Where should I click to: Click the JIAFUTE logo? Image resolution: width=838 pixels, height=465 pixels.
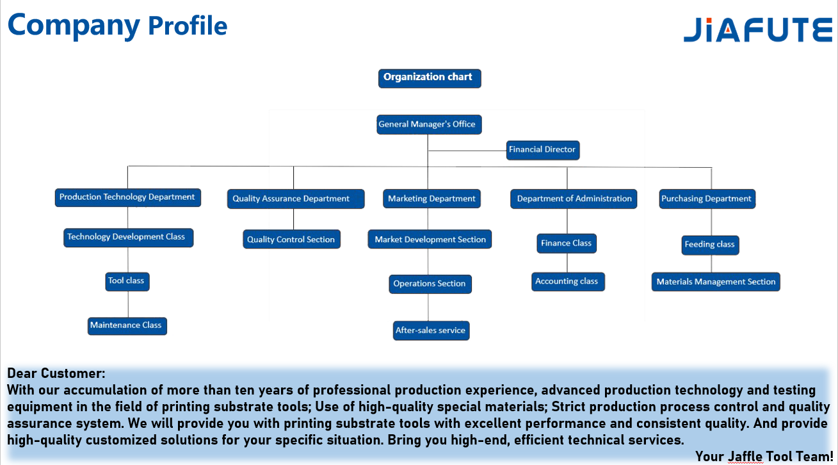758,29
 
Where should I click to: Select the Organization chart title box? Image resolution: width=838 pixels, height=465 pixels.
430,78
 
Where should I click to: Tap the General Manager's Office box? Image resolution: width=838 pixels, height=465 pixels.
429,124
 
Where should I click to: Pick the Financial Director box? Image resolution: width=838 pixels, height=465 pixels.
543,150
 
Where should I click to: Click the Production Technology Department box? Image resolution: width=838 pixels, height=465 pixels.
128,197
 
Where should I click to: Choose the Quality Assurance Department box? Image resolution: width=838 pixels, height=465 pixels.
296,199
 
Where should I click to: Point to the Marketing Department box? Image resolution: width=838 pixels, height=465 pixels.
431,199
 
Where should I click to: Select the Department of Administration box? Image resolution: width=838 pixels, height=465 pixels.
574,199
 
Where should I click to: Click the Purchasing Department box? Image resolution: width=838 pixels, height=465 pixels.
707,199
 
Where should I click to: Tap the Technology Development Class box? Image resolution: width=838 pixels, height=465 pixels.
128,238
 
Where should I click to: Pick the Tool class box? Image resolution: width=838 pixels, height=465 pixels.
127,282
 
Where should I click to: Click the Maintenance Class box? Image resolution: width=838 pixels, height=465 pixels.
127,326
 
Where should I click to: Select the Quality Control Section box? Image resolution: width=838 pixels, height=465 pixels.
291,239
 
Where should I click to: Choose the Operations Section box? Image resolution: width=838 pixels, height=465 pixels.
430,284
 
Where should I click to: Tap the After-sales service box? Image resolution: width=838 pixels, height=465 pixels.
431,330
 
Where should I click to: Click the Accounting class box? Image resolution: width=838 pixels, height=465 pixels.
568,282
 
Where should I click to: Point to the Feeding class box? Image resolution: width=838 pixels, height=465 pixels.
710,245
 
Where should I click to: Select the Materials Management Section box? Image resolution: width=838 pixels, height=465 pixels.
716,282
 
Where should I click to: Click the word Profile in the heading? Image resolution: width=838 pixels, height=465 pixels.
188,26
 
